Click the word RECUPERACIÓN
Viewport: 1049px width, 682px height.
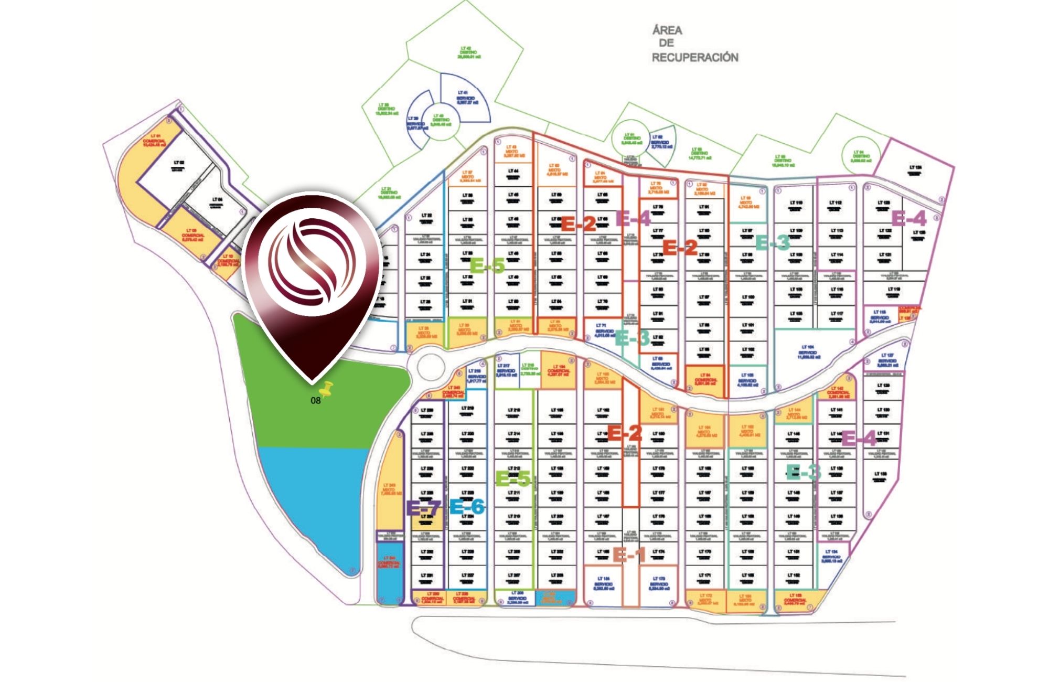pos(695,57)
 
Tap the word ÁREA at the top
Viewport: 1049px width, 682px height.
pos(667,30)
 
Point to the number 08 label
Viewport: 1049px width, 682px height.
pos(315,401)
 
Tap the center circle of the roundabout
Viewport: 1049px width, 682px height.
pos(431,366)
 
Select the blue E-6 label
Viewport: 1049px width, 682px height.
pos(467,507)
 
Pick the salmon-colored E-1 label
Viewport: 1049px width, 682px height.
pos(629,554)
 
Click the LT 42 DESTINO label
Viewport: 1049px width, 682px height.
pos(468,52)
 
